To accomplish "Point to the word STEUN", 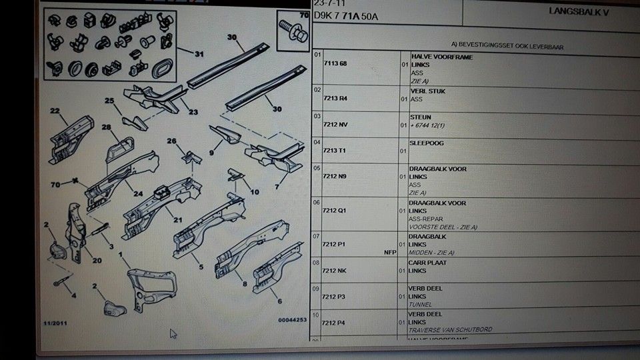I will (420, 117).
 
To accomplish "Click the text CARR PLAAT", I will (428, 263).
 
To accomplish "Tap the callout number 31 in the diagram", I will (198, 54).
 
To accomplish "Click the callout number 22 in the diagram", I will (55, 111).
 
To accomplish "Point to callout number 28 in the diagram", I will (107, 127).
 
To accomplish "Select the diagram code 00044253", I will (292, 320).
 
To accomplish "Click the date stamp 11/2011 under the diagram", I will (57, 323).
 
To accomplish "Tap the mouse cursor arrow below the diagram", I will (173, 333).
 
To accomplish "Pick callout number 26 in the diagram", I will (172, 141).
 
